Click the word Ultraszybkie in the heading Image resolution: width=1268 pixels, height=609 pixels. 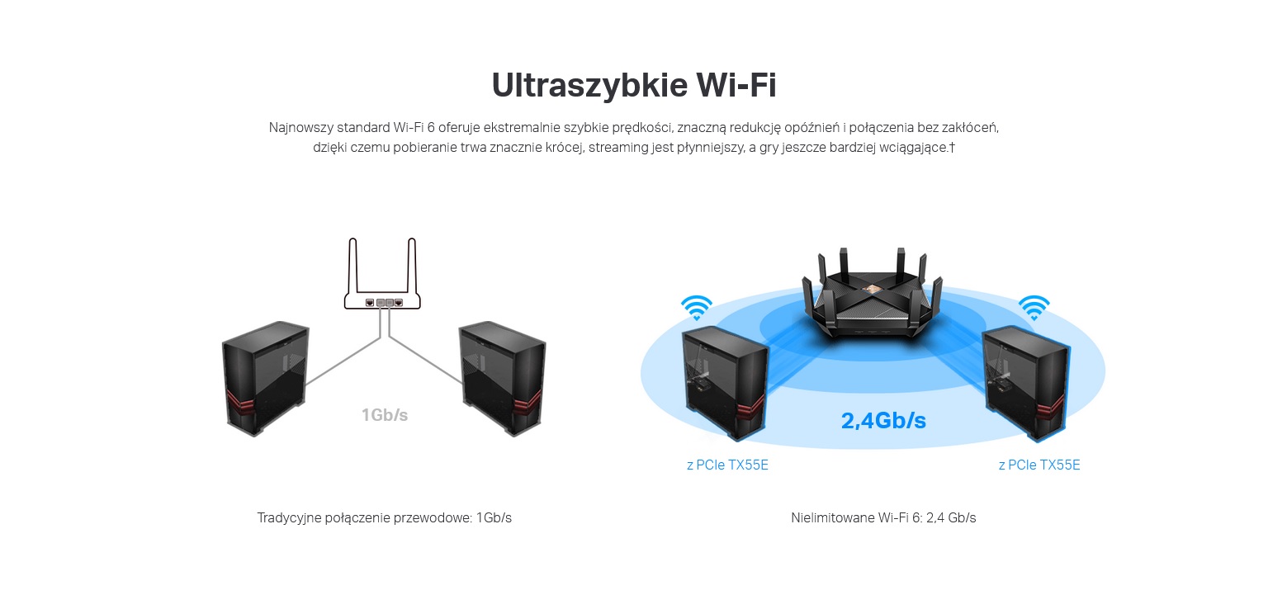point(589,86)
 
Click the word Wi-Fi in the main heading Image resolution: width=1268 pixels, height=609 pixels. point(736,85)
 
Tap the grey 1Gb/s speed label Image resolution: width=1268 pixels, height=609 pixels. point(385,415)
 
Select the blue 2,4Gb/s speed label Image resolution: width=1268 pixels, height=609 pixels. point(883,421)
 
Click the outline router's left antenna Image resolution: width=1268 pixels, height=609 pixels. point(352,265)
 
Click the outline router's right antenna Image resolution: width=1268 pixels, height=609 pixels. point(412,265)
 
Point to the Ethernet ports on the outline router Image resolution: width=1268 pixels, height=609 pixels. point(384,303)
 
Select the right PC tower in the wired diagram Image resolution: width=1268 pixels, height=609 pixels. point(503,378)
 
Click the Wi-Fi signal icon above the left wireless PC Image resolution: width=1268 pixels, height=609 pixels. point(697,308)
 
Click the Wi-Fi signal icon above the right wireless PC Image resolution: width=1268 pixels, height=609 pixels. point(1034,308)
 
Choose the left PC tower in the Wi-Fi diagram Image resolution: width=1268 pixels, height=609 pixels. point(726,384)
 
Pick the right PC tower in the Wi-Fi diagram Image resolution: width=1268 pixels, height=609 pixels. point(1026,384)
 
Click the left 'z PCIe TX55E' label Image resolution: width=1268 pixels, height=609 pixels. point(727,465)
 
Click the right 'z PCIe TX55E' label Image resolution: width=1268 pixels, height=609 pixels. point(1039,465)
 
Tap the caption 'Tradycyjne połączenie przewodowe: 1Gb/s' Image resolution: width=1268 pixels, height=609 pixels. point(385,518)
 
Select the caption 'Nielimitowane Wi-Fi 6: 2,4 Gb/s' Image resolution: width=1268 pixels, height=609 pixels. point(883,518)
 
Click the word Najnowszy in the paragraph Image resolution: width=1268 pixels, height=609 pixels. point(300,128)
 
